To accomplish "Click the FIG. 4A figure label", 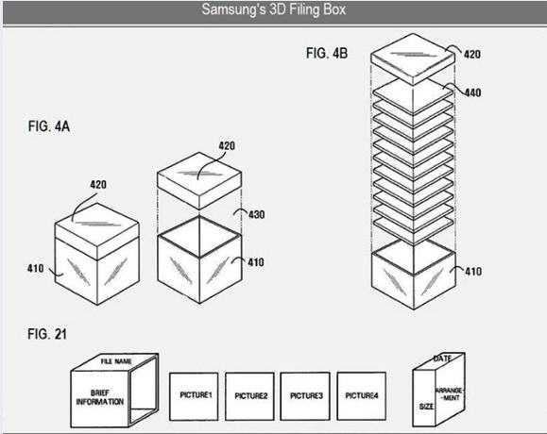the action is (49, 126).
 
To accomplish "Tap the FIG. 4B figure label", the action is (327, 53).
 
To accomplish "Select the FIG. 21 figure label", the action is (46, 334).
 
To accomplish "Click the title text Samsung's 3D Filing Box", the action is (274, 9).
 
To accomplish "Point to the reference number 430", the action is (257, 214).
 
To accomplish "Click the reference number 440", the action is (472, 92).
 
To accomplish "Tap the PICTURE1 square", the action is (194, 396).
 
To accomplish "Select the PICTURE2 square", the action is (249, 396).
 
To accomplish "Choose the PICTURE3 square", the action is (305, 396).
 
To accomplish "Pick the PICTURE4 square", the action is (362, 396).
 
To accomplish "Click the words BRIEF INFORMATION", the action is (100, 397).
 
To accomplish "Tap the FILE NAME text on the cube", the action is (116, 361).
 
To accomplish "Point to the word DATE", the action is (443, 359).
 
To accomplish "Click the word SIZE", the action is (426, 407).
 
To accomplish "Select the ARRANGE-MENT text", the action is (450, 394).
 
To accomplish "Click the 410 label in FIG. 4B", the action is (473, 271).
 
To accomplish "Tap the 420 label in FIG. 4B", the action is (472, 54).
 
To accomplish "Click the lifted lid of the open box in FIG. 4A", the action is (199, 180).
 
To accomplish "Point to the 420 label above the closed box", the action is (98, 184).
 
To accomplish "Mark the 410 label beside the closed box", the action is (36, 268).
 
